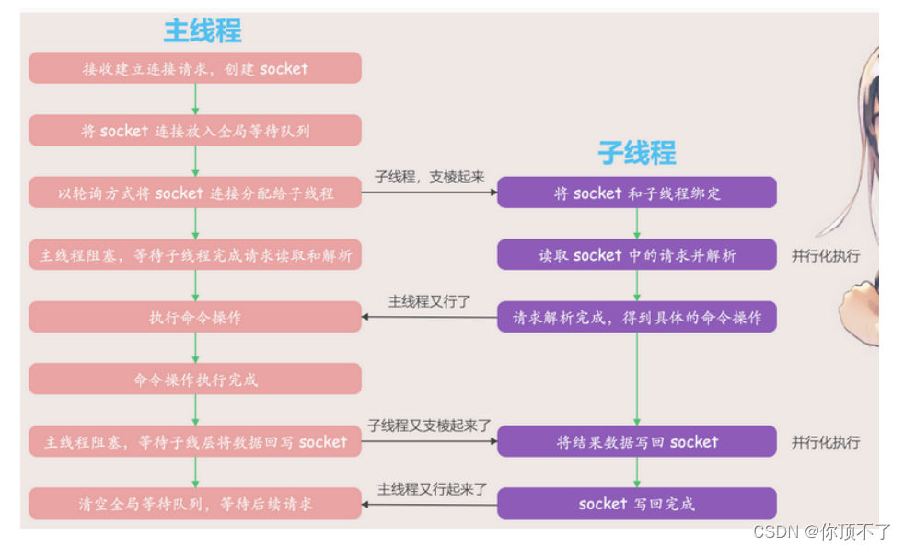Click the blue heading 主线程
tap(203, 30)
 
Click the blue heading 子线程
tap(637, 152)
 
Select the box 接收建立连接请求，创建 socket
tap(195, 68)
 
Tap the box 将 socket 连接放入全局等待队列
tap(195, 131)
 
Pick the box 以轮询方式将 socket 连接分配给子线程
tap(195, 193)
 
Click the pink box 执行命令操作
tap(195, 317)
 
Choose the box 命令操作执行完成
tap(195, 379)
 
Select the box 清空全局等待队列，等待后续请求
tap(195, 504)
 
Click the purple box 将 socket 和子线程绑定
tap(637, 193)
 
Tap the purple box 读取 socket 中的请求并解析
tap(637, 255)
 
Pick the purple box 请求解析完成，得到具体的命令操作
tap(637, 317)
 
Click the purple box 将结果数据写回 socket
tap(637, 442)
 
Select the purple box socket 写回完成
tap(637, 504)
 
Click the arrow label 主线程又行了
tap(429, 301)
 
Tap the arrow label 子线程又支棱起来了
tap(429, 426)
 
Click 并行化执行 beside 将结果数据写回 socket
tap(826, 442)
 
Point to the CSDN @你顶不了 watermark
tap(822, 531)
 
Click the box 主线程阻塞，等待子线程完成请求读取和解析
tap(195, 255)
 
